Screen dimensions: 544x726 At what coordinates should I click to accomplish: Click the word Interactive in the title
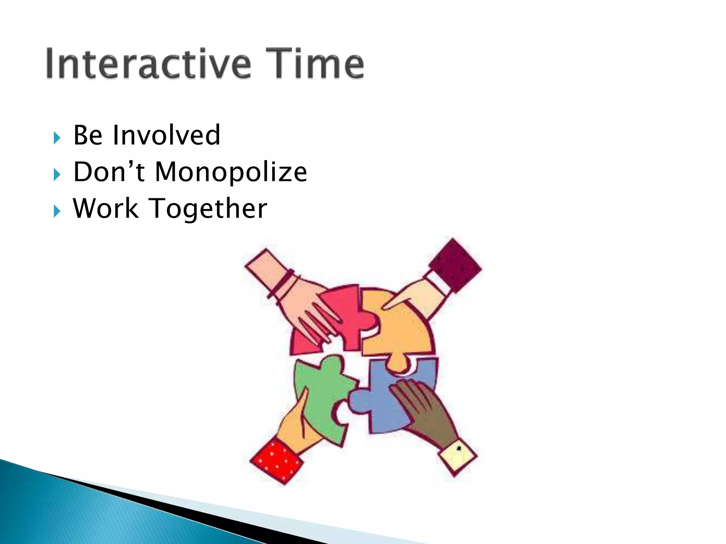click(x=149, y=64)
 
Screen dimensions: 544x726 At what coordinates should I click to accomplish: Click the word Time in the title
click(x=315, y=64)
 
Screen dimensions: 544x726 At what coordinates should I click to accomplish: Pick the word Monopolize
click(x=231, y=172)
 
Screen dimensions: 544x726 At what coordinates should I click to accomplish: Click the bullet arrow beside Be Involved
click(x=57, y=137)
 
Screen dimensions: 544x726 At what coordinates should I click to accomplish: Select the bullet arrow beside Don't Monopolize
click(x=57, y=174)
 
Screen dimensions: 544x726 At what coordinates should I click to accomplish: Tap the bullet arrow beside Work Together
click(x=57, y=211)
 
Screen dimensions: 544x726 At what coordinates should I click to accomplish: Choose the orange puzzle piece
click(x=404, y=329)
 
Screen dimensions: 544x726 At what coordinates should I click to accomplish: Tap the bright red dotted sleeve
click(x=277, y=460)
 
